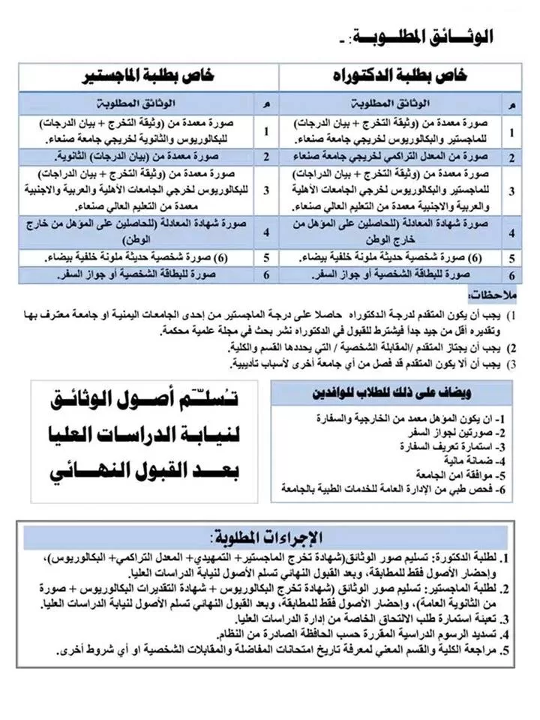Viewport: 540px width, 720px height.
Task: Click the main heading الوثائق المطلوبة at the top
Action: (x=433, y=36)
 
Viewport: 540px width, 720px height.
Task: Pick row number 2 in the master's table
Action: (x=265, y=157)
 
